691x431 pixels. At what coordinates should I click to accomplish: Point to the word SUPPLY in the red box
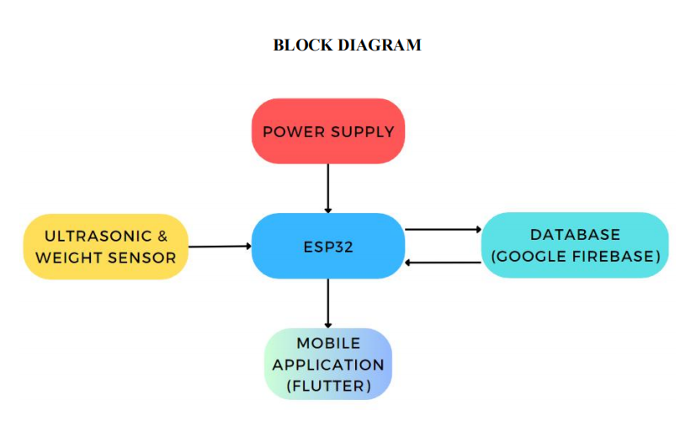pos(362,132)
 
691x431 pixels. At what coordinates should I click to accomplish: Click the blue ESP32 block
pos(327,247)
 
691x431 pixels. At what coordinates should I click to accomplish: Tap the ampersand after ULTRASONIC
pos(162,237)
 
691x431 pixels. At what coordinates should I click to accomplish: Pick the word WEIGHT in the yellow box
pos(68,258)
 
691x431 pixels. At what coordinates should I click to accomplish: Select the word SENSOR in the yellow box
pos(141,258)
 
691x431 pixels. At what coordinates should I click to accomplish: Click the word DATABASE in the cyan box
pos(575,235)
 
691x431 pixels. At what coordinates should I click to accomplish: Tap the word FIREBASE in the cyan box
pos(614,256)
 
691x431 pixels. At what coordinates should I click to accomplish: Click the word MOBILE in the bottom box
pos(327,343)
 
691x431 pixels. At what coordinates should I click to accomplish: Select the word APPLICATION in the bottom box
pos(327,365)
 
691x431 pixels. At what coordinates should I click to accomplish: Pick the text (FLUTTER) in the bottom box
pos(327,386)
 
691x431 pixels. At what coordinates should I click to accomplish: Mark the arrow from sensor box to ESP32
pos(220,247)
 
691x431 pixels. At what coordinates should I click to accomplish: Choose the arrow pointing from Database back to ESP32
pos(443,263)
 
